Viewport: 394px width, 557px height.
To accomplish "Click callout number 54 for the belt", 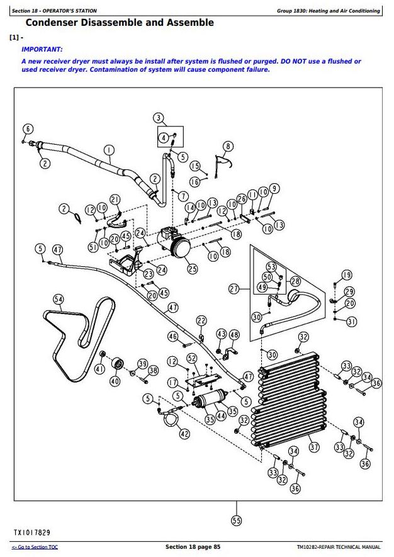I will pos(59,299).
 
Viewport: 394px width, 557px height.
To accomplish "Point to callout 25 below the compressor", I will pos(192,269).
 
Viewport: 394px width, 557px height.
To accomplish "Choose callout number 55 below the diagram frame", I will pos(237,521).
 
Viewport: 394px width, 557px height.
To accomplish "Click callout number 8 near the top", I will pos(228,146).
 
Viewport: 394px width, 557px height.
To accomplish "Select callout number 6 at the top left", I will pos(27,129).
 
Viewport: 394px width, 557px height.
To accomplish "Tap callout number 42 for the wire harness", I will pos(184,434).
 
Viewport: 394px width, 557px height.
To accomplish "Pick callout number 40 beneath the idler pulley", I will pos(115,381).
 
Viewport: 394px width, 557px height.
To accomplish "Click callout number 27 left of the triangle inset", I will pos(234,289).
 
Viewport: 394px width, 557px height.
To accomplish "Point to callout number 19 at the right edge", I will pos(347,274).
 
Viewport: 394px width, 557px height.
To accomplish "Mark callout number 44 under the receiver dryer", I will pos(221,416).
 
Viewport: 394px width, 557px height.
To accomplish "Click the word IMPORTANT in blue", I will pos(42,48).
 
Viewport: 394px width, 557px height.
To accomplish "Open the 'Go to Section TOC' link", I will pos(35,548).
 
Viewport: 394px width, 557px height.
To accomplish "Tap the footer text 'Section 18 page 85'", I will pos(193,547).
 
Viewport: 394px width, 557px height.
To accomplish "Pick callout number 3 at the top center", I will pos(158,118).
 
